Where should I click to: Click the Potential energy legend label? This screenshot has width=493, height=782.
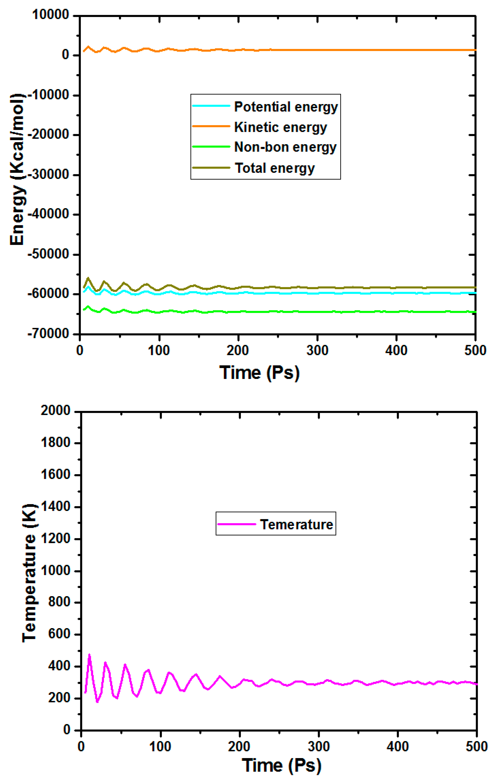(x=286, y=107)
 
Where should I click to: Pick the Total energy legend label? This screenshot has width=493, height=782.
(x=275, y=168)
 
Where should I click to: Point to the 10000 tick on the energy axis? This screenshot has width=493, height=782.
(x=50, y=15)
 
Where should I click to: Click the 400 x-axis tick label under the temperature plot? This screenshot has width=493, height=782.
(x=397, y=747)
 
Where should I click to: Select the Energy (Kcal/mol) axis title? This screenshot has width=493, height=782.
(x=17, y=170)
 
